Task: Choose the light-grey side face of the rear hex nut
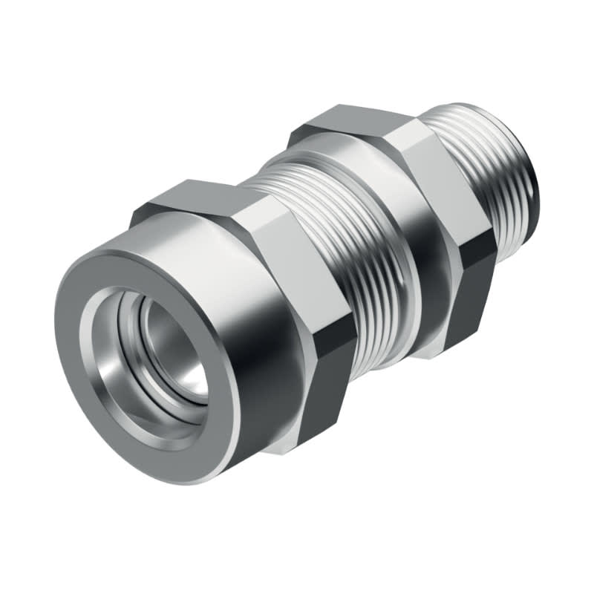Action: click(x=438, y=178)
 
